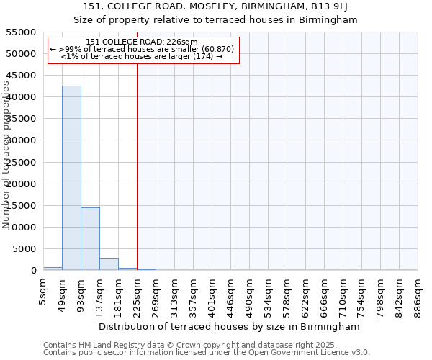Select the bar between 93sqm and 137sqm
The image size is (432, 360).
pyautogui.click(x=90, y=238)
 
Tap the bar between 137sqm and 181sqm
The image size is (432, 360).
pyautogui.click(x=109, y=264)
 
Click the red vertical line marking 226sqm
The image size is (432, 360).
pyautogui.click(x=137, y=166)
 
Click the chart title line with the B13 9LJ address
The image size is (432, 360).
pyautogui.click(x=216, y=6)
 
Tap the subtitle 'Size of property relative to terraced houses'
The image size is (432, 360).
pyautogui.click(x=216, y=20)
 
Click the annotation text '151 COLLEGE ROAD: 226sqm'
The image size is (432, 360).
pyautogui.click(x=141, y=42)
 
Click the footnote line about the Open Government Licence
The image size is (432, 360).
pyautogui.click(x=207, y=353)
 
